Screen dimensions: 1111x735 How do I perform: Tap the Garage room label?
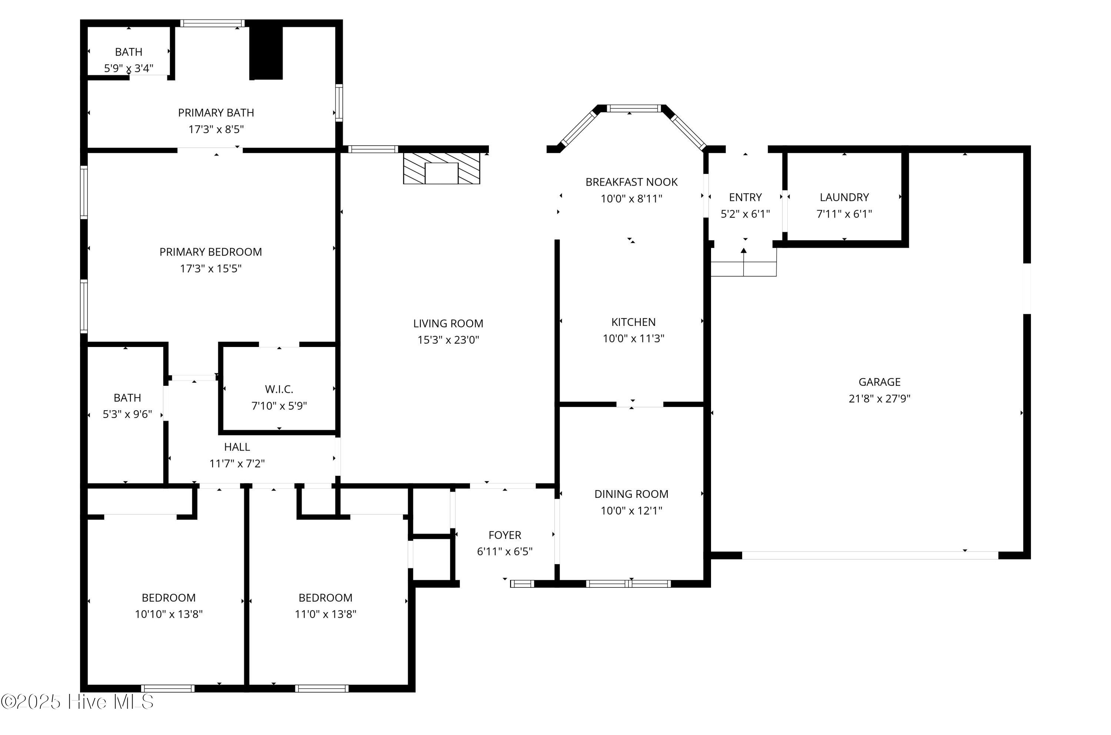pos(879,382)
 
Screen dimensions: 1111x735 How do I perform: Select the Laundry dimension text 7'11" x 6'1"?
pos(844,214)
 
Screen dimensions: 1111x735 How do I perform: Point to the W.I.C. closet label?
pos(279,389)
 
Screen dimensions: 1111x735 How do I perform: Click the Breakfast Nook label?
pos(631,182)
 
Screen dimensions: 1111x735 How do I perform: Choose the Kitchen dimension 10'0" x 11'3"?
pos(633,338)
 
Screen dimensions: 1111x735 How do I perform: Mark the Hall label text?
pos(237,447)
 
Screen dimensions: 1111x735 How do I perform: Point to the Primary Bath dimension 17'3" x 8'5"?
pos(216,129)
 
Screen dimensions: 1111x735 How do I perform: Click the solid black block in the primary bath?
pos(266,53)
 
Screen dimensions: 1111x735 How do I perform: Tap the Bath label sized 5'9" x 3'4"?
pos(129,52)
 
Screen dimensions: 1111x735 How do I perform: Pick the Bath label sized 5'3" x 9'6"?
pos(127,398)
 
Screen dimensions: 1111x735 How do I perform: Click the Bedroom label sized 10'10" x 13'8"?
pos(169,598)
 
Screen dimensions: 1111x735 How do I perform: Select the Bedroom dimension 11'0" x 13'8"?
pos(326,614)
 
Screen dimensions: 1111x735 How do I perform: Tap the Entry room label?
pos(745,197)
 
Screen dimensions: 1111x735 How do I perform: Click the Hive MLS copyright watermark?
pos(77,702)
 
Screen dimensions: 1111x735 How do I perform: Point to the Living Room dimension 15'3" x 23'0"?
pos(448,340)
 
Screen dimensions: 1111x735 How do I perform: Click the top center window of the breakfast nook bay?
pos(634,108)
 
